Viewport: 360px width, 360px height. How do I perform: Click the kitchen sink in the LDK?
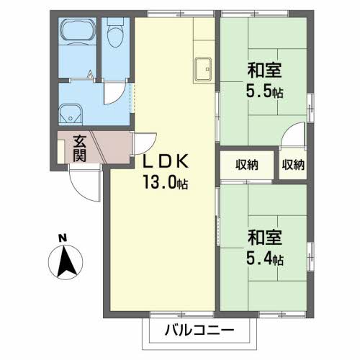click(x=202, y=68)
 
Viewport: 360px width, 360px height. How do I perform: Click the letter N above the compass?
click(x=63, y=238)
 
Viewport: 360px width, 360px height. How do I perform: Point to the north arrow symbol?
click(x=67, y=263)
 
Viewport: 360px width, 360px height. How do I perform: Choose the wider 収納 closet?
click(x=246, y=164)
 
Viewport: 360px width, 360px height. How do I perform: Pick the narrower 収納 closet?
click(x=293, y=164)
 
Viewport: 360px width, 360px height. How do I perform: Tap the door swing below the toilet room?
click(x=114, y=93)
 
